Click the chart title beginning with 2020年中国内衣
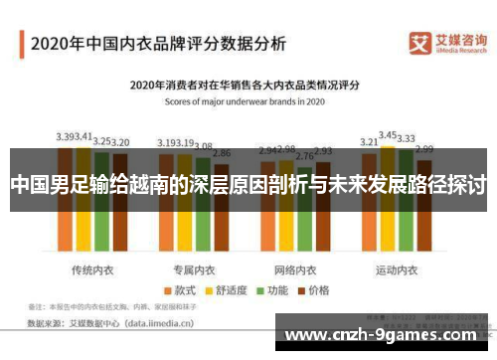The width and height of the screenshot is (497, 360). click(x=158, y=43)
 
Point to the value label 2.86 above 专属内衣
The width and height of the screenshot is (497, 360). click(x=222, y=154)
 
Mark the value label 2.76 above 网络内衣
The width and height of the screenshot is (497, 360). click(x=307, y=156)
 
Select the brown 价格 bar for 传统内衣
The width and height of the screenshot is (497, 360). click(x=120, y=214)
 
